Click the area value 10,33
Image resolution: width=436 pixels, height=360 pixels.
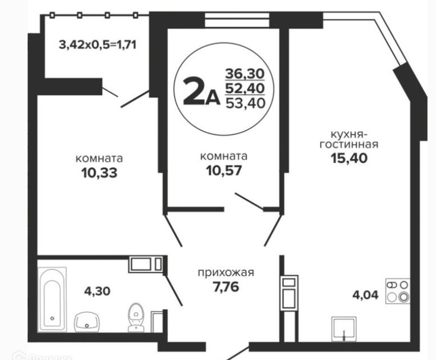tap(99, 172)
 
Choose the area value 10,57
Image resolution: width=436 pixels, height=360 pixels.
tap(224, 170)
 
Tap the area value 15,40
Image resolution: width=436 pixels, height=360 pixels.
tap(349, 158)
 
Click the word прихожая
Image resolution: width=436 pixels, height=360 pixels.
tap(226, 273)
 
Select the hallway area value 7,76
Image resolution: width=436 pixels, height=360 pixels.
tap(226, 287)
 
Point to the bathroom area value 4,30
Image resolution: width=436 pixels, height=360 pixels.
tap(97, 291)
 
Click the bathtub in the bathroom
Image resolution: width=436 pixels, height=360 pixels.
tap(53, 299)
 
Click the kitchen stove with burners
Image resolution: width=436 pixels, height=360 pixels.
tap(397, 291)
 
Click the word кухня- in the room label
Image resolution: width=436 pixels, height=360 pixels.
tap(348, 134)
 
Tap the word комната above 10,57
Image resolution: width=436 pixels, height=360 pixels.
tap(224, 156)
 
